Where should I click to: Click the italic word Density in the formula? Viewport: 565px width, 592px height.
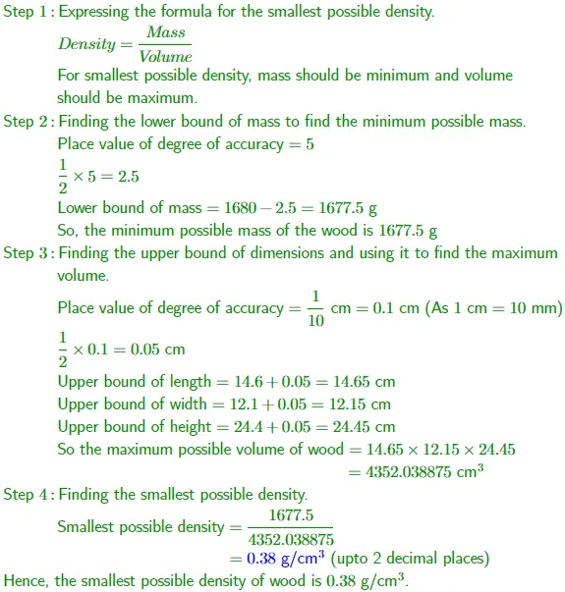(x=86, y=44)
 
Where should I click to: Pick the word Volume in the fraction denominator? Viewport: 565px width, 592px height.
(x=165, y=57)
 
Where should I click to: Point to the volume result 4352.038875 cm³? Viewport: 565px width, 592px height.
(x=426, y=471)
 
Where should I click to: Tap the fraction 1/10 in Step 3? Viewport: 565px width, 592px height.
(x=315, y=308)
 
